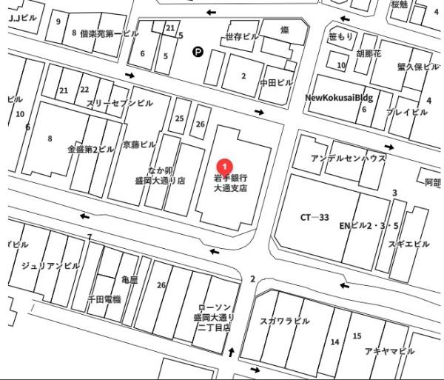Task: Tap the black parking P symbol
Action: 198,51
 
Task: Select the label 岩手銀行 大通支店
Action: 230,183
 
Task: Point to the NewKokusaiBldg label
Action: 340,98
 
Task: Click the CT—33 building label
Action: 314,218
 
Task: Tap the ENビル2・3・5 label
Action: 369,225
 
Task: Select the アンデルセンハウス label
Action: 348,159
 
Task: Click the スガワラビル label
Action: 285,321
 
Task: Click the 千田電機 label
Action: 104,299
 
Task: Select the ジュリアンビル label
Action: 51,266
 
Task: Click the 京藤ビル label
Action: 139,144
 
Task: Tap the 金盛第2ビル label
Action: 90,149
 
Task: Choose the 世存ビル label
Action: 242,36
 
